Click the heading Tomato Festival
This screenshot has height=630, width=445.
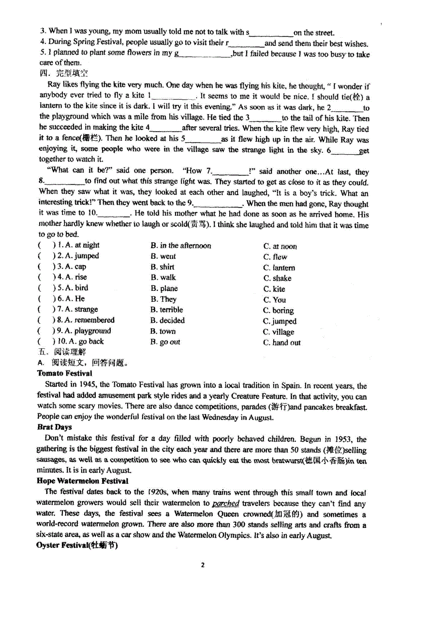tap(64, 374)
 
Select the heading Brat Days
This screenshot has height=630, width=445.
tap(54, 427)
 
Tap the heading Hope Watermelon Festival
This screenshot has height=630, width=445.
tap(82, 481)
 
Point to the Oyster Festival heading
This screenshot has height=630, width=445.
tap(77, 546)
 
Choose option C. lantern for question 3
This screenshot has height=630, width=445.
tap(279, 268)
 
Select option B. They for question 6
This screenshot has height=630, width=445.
tap(163, 299)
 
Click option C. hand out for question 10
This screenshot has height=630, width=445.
tap(282, 343)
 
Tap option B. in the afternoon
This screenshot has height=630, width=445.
tap(180, 246)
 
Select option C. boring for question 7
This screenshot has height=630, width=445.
tap(278, 311)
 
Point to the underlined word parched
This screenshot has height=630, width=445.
tap(226, 504)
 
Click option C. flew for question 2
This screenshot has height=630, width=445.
tap(275, 257)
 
